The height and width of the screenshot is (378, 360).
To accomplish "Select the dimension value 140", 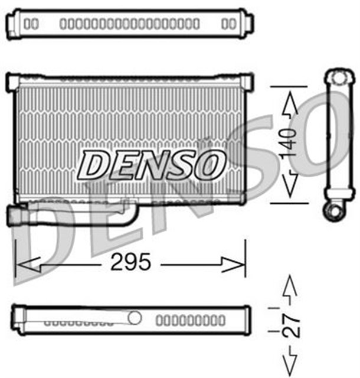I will point(289,142).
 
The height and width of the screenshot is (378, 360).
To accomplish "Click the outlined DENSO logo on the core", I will point(152,164).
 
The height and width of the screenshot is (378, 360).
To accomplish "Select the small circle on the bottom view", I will point(135,318).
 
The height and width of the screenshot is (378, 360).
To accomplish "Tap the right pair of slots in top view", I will point(228,24).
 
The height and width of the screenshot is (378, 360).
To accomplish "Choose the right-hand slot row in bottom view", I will point(190,321).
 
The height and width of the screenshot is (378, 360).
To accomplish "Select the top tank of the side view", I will point(337,79).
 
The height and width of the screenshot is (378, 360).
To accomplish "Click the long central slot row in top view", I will point(130,24).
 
